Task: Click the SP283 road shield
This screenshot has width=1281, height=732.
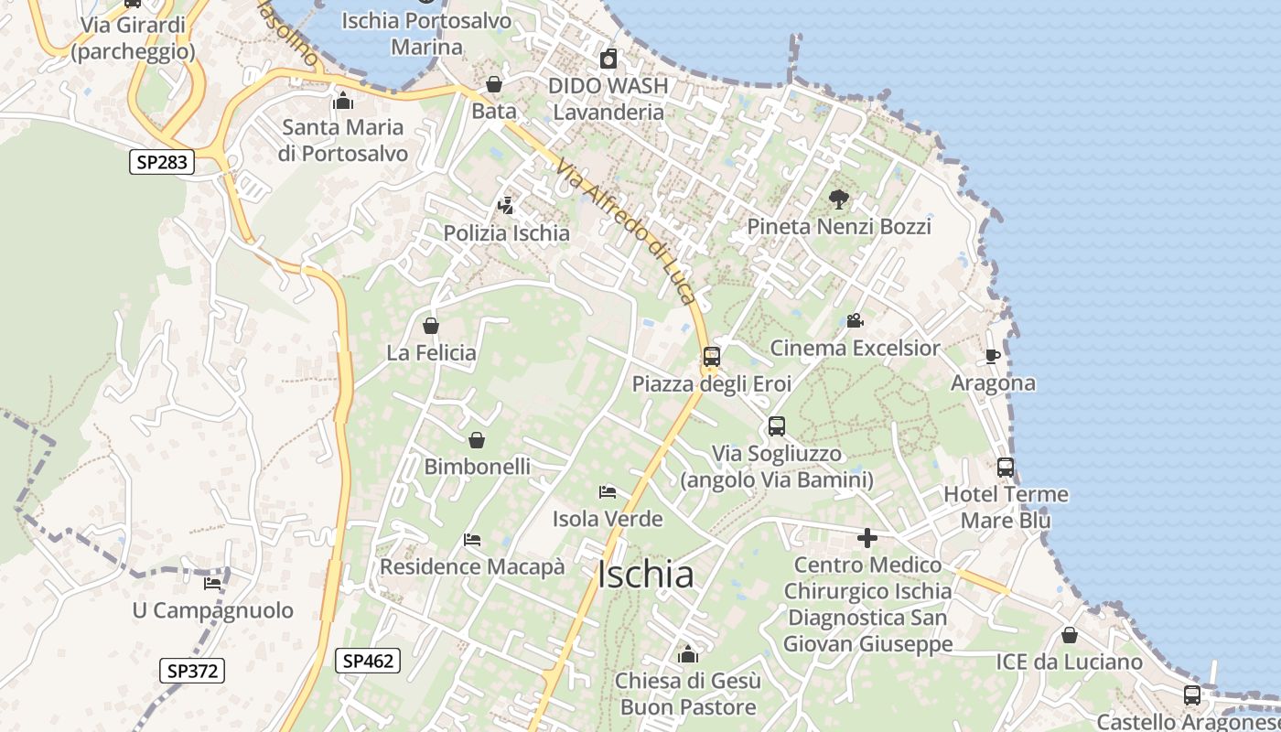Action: pos(162,163)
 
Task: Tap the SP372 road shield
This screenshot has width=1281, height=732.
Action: pos(193,671)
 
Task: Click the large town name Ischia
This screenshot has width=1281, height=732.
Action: pos(645,575)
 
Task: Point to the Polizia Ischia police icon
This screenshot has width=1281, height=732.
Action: pos(505,207)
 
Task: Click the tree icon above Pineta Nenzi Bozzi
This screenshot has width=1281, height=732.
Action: pos(838,199)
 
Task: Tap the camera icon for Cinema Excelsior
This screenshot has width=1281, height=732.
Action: pos(855,321)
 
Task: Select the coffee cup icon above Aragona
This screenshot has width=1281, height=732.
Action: pos(993,356)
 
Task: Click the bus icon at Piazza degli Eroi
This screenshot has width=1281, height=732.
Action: pos(711,357)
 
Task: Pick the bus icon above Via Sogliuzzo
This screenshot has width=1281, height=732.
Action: pos(777,426)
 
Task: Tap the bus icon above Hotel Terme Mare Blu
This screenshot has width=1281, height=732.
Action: pos(1006,468)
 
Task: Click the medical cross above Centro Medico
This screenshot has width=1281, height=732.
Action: pos(867,538)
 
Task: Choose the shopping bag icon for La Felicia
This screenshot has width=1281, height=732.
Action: pos(431,326)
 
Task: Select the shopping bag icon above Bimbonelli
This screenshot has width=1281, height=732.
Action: pos(477,441)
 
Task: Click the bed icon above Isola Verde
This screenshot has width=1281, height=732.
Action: pos(608,492)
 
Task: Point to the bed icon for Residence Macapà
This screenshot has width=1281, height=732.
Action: pos(472,540)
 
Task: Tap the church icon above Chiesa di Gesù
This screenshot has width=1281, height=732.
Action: pos(688,654)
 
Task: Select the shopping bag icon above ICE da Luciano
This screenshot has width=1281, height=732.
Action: pos(1070,635)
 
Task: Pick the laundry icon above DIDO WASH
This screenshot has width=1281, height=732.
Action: pos(608,60)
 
